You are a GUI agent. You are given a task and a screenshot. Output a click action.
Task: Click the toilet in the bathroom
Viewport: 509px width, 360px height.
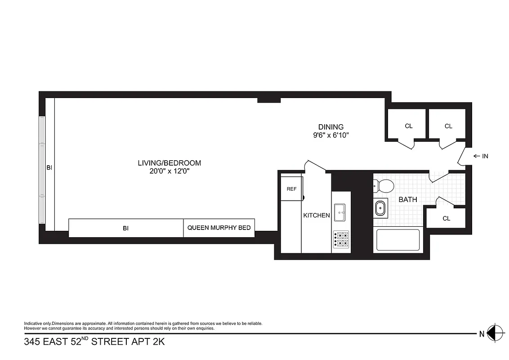(x=383, y=185)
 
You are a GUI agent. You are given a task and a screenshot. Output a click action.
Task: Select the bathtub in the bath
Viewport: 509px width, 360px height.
(x=397, y=240)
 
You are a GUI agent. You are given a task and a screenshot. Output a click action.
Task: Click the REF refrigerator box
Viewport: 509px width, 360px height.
(x=291, y=189)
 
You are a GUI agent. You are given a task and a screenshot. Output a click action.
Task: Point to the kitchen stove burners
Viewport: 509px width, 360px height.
(x=340, y=240)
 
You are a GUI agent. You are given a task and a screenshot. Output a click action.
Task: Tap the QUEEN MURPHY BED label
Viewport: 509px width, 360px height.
(x=219, y=228)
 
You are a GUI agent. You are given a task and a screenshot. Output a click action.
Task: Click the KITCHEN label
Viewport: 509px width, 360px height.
(x=317, y=216)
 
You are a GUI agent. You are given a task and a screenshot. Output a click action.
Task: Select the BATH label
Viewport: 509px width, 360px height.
(x=408, y=199)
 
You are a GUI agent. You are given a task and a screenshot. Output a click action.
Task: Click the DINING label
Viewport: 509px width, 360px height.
(x=330, y=127)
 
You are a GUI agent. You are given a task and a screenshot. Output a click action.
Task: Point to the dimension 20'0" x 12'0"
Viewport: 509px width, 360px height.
(x=169, y=171)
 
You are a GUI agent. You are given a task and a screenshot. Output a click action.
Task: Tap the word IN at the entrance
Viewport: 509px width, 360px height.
(x=485, y=156)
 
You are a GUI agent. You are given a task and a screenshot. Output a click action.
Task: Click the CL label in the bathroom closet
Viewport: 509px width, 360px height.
(x=446, y=219)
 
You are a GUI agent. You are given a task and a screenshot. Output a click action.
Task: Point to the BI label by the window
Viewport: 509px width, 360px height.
(x=49, y=167)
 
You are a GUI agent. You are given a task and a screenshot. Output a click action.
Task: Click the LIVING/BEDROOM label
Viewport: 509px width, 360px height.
(x=169, y=163)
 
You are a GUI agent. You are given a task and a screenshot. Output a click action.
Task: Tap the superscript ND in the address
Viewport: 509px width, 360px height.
(x=85, y=338)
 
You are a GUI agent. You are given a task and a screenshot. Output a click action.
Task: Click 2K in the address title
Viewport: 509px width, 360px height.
(x=158, y=342)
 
